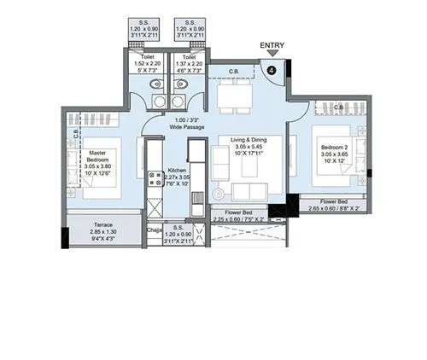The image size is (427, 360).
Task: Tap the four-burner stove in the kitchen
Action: (x=156, y=178)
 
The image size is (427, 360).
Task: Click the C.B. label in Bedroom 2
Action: (x=338, y=107)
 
